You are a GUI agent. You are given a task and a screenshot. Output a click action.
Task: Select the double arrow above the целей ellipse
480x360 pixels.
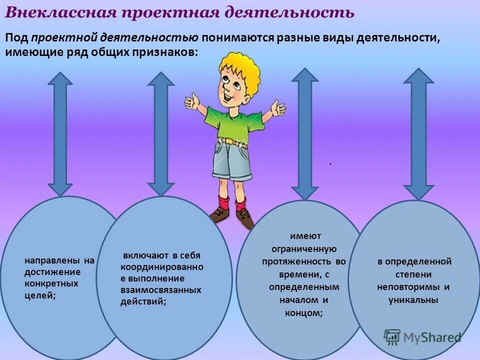(x=60, y=133)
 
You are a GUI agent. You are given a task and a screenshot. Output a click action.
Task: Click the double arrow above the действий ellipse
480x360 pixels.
(x=161, y=133)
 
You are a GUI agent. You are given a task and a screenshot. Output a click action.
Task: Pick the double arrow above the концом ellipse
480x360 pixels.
(x=304, y=133)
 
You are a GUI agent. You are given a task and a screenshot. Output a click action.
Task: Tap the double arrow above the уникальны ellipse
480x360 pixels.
(x=418, y=133)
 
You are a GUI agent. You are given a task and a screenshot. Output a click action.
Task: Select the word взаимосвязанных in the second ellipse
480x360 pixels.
(x=160, y=289)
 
